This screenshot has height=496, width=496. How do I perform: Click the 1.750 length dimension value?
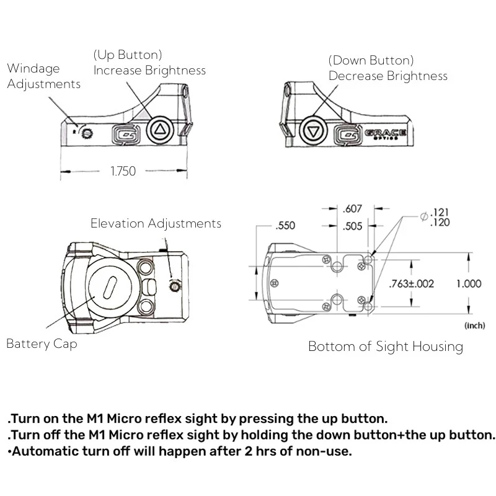[x=123, y=171]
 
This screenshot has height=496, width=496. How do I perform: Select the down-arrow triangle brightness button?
[x=313, y=132]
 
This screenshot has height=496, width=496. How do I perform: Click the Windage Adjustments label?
[x=43, y=76]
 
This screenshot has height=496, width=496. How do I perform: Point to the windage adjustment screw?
[x=86, y=131]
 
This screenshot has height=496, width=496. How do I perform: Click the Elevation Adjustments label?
[x=156, y=223]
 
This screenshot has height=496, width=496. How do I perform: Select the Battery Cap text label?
[x=42, y=343]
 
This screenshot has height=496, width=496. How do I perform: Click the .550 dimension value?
[x=286, y=226]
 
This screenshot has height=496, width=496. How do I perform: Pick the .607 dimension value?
[x=352, y=209]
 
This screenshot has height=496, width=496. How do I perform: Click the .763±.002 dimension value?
[x=411, y=284]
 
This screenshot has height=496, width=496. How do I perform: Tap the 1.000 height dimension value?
[x=469, y=284]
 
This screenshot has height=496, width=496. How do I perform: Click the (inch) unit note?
[x=476, y=324]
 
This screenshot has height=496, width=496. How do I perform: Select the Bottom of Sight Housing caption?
[x=385, y=347]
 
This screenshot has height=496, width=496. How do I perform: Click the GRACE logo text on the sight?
[x=385, y=133]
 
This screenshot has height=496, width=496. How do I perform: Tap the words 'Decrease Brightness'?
[x=387, y=76]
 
